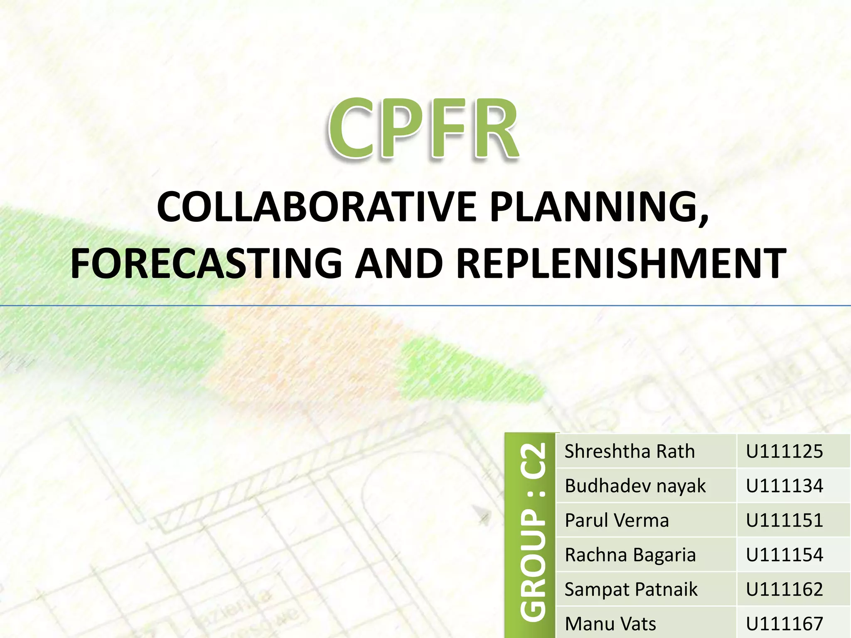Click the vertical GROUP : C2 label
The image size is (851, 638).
[x=532, y=532]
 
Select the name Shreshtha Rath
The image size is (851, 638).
[x=630, y=452]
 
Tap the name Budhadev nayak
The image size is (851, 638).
[x=635, y=486]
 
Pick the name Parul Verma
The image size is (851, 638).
[x=617, y=520]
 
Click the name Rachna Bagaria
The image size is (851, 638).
[x=630, y=555]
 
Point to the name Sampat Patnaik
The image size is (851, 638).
[x=631, y=589]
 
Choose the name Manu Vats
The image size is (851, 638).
[x=610, y=623]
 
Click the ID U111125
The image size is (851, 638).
[x=784, y=452]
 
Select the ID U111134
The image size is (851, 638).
[x=784, y=486]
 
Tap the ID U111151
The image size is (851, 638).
[x=784, y=520]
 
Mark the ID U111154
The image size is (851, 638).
[x=784, y=555]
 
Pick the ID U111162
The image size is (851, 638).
[x=784, y=589]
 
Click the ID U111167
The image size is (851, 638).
[x=784, y=623]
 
